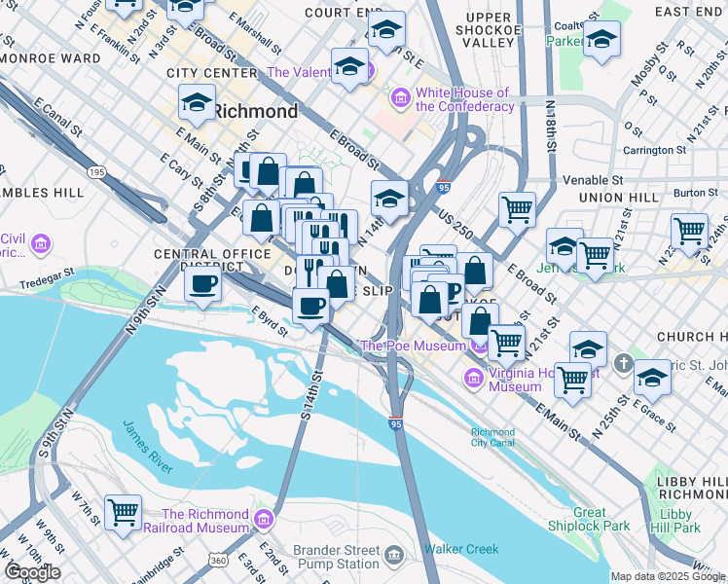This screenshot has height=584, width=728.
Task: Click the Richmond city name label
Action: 255,111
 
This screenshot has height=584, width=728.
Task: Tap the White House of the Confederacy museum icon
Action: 399,98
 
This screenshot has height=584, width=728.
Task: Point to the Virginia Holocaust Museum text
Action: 515,379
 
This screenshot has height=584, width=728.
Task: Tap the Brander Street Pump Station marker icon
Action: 393,556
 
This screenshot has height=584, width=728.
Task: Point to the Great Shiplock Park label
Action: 589,520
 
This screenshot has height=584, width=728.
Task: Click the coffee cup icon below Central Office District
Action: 201,284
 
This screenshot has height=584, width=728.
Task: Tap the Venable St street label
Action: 592,180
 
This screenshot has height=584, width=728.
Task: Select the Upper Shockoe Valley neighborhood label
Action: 489,30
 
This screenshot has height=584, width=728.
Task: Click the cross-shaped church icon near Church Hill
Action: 623,363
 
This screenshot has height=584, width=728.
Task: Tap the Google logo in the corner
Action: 32,572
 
